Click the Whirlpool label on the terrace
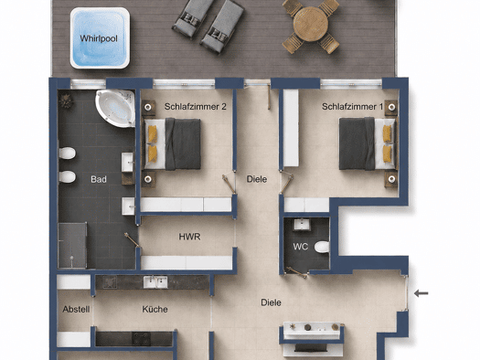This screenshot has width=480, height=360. (x=99, y=39)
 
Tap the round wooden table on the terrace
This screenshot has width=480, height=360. (x=311, y=24)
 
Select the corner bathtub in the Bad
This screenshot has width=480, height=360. (x=116, y=108)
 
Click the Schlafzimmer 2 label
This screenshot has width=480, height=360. (x=196, y=106)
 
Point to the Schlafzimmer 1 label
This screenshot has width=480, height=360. (x=352, y=106)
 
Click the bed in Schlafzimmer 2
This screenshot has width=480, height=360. (x=173, y=143)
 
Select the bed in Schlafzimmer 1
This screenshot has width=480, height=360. (x=367, y=143)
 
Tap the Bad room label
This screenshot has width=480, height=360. (x=99, y=179)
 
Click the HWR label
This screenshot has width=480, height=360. (x=189, y=237)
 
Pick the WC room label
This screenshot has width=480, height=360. (x=300, y=247)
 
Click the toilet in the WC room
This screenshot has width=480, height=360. (x=322, y=247)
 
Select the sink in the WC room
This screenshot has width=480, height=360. (x=302, y=225)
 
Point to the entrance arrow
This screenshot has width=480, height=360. (x=421, y=293)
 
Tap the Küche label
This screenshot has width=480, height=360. (x=155, y=309)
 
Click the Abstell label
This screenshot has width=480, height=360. (x=76, y=309)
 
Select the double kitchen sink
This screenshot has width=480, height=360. (x=155, y=282)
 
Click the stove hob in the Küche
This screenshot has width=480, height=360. (x=141, y=339)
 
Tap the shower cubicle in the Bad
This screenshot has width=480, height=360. (x=72, y=246)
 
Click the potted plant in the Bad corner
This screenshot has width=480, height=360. (x=66, y=101)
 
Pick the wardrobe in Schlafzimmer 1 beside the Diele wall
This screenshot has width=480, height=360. (x=291, y=128)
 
